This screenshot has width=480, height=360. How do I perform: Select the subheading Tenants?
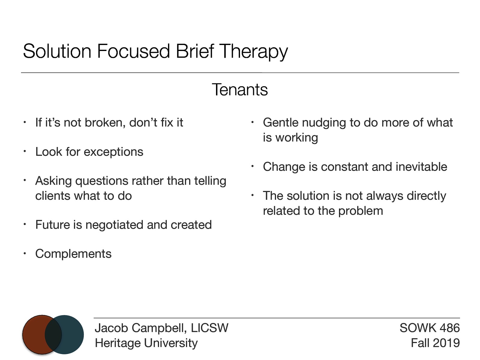240,90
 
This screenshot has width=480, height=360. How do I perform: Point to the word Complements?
73,254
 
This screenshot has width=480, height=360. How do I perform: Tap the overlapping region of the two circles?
53,334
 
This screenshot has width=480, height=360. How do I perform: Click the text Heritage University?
146,343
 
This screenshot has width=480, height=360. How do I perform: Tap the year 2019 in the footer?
446,343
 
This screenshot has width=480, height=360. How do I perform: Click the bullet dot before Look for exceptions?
25,151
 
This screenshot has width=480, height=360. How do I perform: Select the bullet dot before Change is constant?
253,166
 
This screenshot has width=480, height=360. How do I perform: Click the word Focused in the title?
133,52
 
